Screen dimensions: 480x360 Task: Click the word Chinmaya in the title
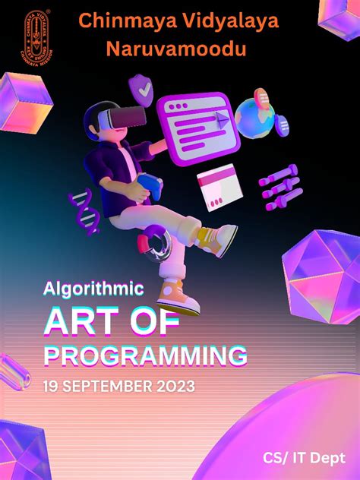pos(120,22)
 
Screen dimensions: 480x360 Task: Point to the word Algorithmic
pos(94,289)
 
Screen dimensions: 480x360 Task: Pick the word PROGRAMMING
pos(146,355)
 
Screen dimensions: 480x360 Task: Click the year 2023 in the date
pos(174,387)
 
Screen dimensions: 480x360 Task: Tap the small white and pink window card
pos(219,187)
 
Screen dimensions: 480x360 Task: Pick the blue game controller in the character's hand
pos(150,186)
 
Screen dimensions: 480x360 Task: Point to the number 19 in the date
pos(51,387)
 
